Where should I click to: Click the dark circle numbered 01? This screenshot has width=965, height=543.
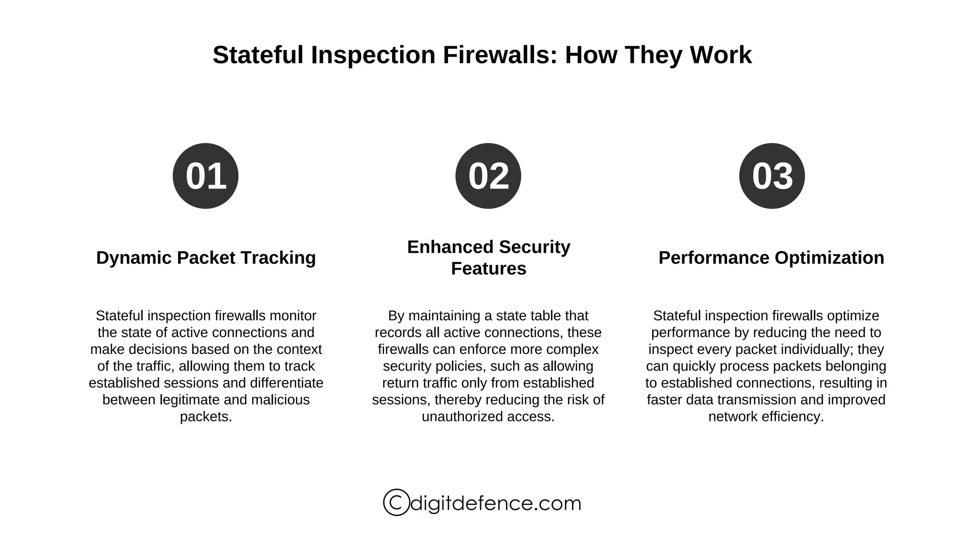point(205,176)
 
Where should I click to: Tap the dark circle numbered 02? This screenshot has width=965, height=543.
point(488,176)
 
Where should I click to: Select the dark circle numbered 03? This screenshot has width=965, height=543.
point(772,176)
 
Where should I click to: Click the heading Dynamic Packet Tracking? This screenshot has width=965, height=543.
point(206,258)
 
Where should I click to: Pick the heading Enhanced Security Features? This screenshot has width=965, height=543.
point(489,258)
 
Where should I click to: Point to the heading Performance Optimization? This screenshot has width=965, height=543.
point(771,258)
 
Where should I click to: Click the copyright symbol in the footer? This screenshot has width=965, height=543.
point(396,502)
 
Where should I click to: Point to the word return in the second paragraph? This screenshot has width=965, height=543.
point(400,383)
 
